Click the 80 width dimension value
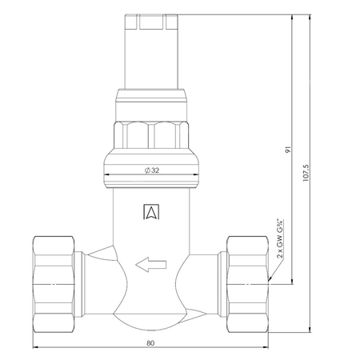pyautogui.click(x=150, y=343)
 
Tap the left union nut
pyautogui.click(x=55, y=271)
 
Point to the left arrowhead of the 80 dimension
pyautogui.click(x=36, y=349)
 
